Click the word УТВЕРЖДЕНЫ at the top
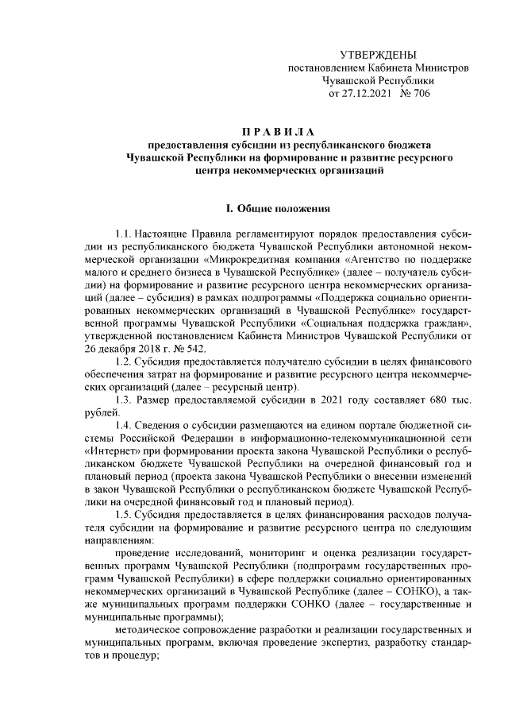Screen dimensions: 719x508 coord(377,55)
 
